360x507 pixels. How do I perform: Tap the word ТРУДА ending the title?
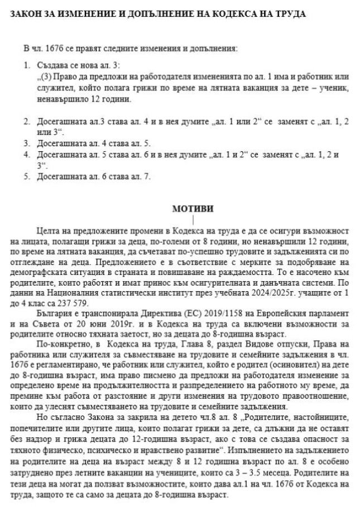(x=290, y=15)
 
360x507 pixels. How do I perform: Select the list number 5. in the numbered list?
(x=27, y=177)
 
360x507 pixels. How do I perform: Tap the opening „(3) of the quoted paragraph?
(x=42, y=75)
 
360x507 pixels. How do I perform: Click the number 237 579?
(x=69, y=287)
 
